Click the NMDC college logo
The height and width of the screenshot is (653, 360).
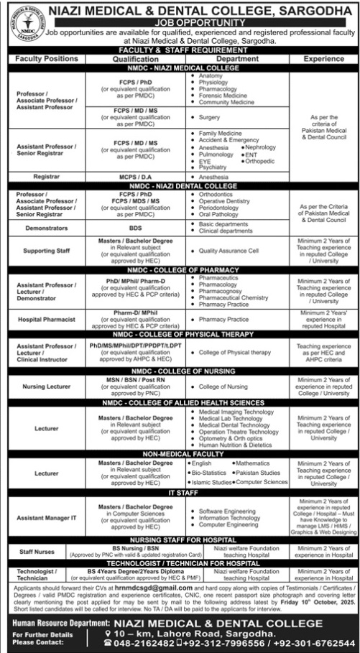(x=25, y=27)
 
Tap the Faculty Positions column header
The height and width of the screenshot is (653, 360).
(x=45, y=58)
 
